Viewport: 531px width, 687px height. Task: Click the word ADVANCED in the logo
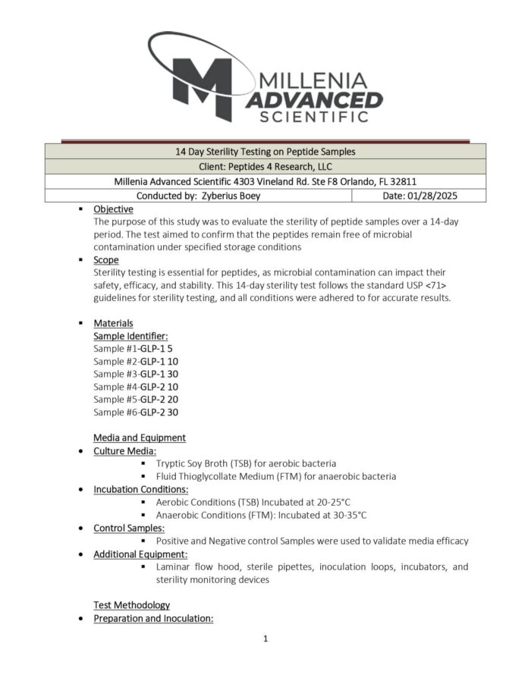coord(314,99)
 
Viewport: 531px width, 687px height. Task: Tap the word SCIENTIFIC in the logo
coord(314,117)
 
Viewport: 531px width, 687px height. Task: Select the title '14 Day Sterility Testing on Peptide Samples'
coord(265,152)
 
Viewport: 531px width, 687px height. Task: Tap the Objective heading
coord(113,209)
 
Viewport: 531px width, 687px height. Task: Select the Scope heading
coord(105,259)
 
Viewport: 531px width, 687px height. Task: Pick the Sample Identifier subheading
coord(130,335)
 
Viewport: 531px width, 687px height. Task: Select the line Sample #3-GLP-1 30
coord(136,374)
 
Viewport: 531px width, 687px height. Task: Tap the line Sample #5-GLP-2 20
coord(136,400)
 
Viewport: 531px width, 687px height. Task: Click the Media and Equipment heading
coord(139,438)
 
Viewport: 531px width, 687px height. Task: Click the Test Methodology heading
coord(131,605)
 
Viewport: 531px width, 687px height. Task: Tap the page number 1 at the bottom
coord(265,638)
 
